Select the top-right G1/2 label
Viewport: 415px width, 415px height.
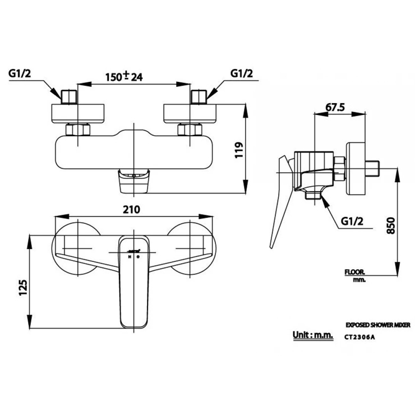point(242,73)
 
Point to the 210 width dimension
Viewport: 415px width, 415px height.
point(130,209)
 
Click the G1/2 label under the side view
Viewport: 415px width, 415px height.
point(353,222)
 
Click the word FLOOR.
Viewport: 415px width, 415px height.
point(355,273)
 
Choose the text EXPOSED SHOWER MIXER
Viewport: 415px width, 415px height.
point(379,325)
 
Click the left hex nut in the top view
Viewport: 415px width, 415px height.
point(77,130)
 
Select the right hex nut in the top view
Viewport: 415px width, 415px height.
point(189,130)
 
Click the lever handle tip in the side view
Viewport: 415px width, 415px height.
point(273,242)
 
